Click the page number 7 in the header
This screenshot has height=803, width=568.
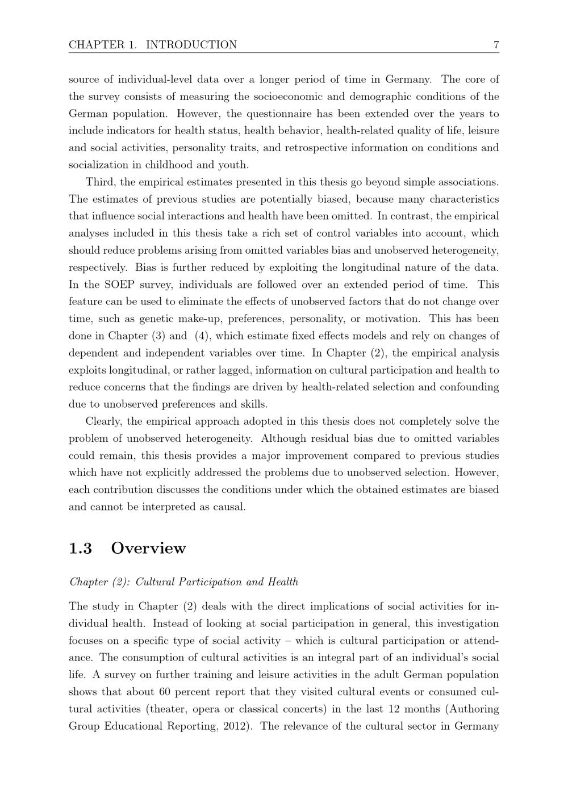pyautogui.click(x=496, y=45)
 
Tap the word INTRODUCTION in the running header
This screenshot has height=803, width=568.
pyautogui.click(x=191, y=45)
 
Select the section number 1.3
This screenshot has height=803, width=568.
pyautogui.click(x=80, y=548)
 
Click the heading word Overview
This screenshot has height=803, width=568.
pyautogui.click(x=148, y=548)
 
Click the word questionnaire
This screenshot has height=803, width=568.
pyautogui.click(x=276, y=114)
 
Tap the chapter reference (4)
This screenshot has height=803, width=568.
pyautogui.click(x=203, y=336)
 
